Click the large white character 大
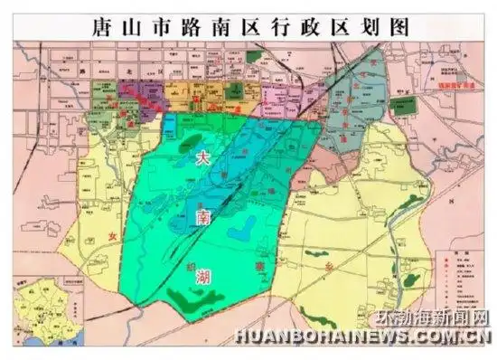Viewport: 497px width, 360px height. (204, 156)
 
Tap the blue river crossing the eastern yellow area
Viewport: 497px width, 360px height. (398, 244)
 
